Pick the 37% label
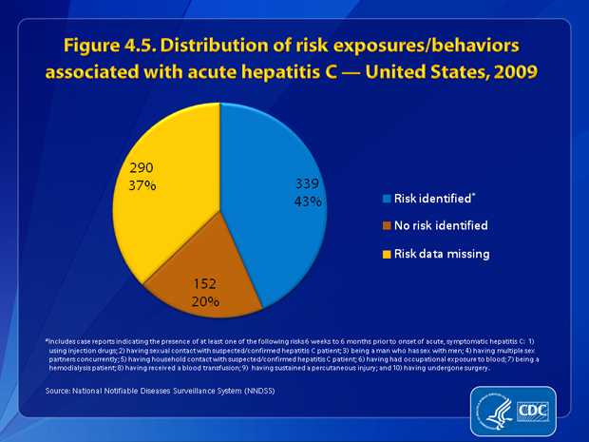[x=142, y=185]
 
